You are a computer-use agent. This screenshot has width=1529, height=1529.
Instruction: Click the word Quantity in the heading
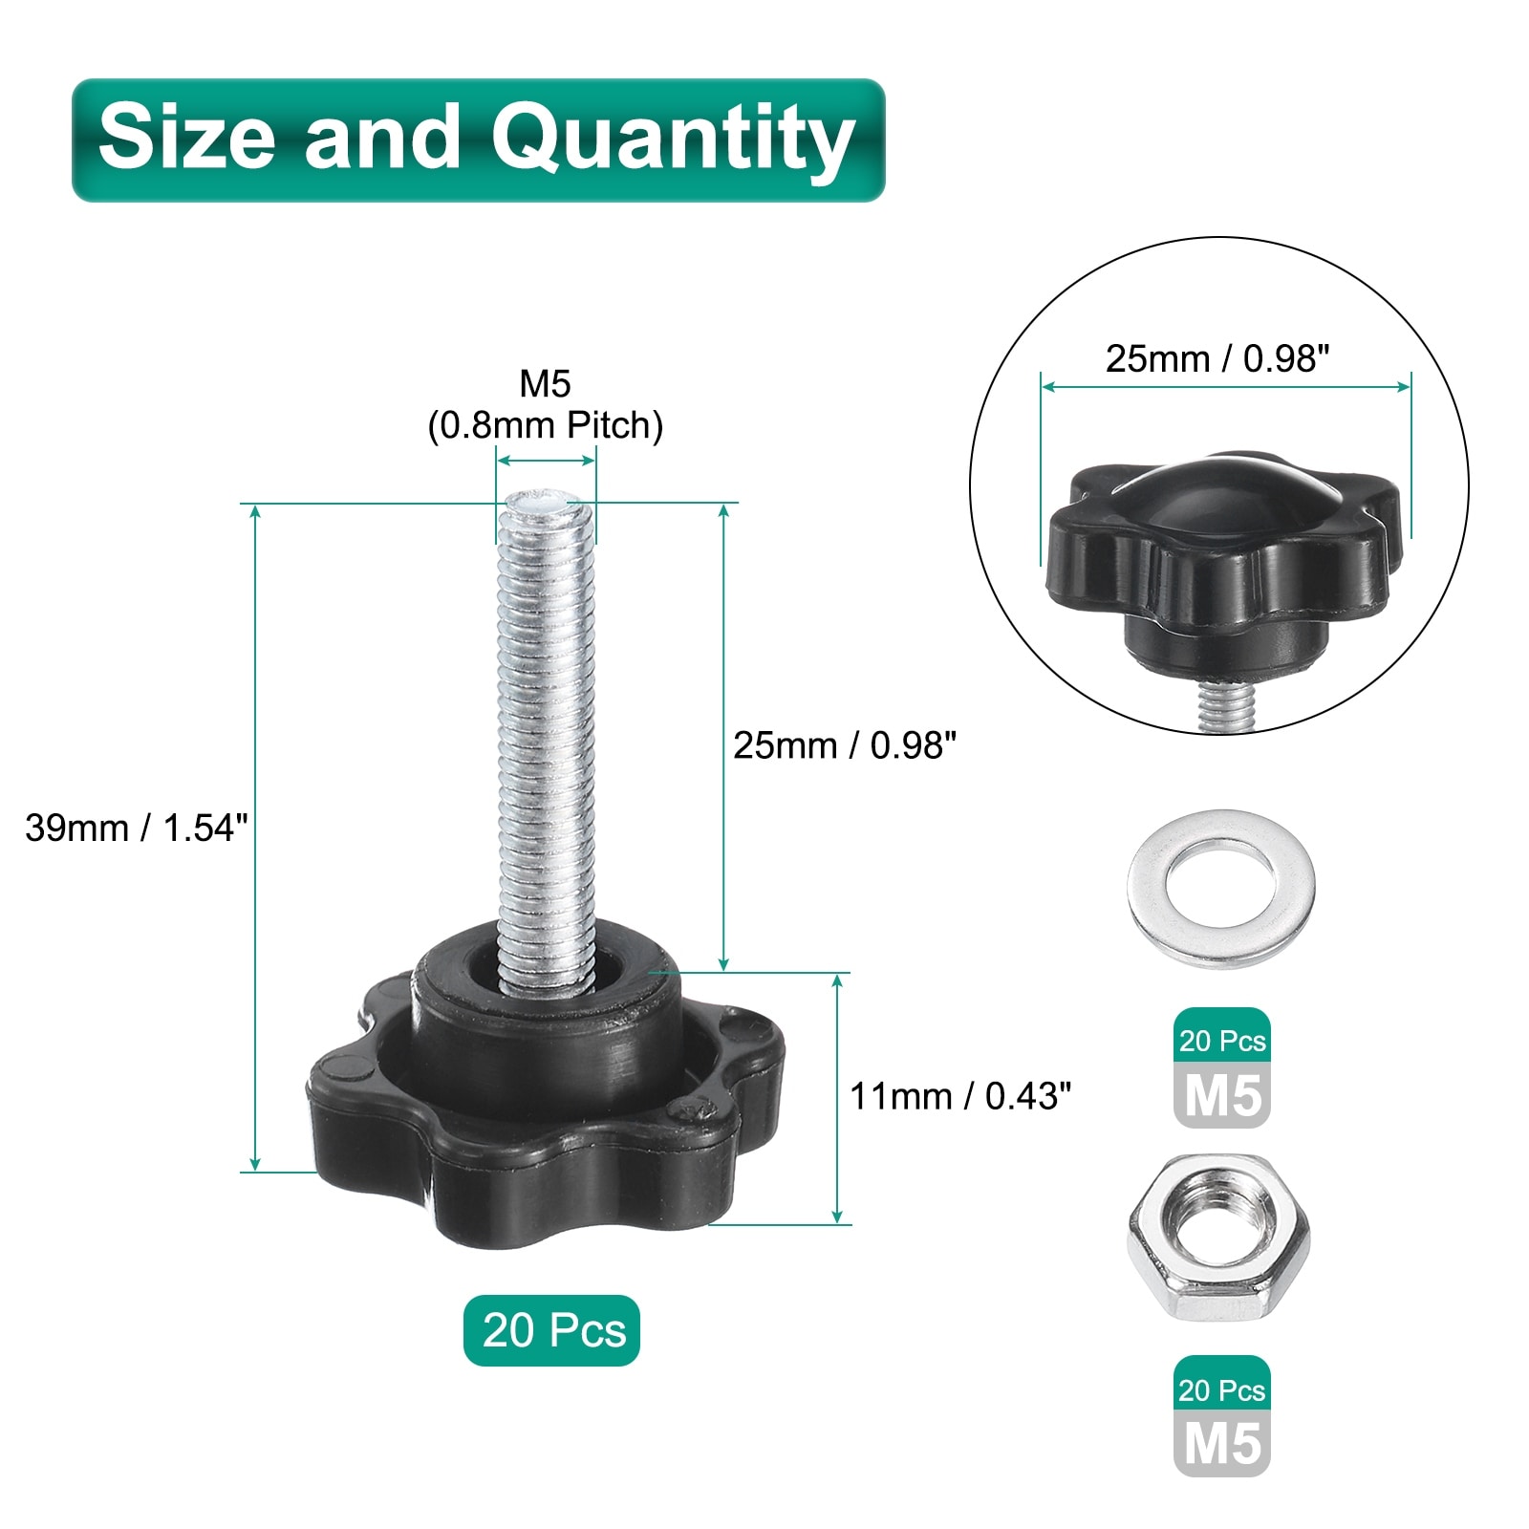coord(673,141)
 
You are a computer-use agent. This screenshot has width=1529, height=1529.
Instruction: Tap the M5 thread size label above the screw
coord(545,384)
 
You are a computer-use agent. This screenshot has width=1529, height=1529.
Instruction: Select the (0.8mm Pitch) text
coord(545,426)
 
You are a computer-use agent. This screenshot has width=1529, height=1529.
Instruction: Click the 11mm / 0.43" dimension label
coord(960,1096)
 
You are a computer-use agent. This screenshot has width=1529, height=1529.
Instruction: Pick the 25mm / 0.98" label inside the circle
coord(1217,359)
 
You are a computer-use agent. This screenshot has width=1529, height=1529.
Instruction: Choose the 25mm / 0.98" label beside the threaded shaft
coord(845,745)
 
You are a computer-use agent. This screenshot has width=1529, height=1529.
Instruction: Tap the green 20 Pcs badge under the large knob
coord(552,1330)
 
